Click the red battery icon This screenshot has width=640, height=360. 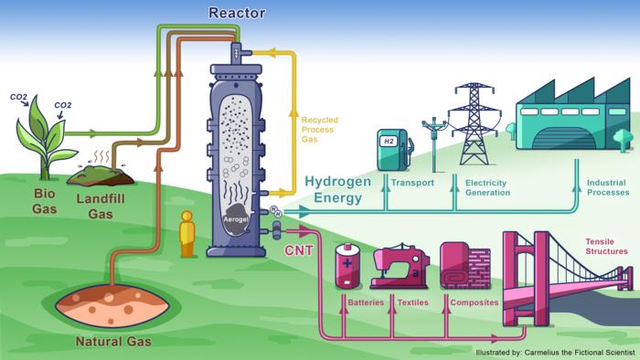348,265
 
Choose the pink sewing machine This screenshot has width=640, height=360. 400,266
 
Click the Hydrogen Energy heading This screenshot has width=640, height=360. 338,188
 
